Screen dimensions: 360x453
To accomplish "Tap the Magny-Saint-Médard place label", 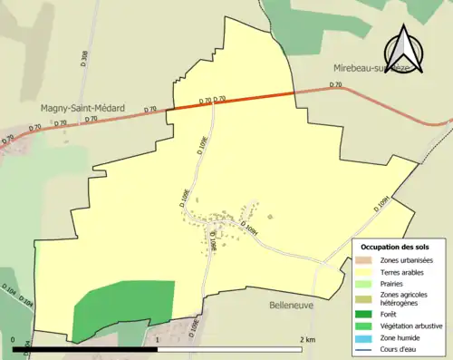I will click(82, 107).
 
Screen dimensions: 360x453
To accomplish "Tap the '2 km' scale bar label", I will click(306, 339).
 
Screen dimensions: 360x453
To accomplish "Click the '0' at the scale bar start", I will click(14, 339).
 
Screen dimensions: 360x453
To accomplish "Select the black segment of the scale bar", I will click(86, 348).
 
